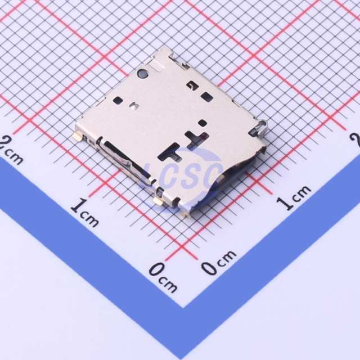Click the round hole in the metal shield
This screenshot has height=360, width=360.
coord(142,73)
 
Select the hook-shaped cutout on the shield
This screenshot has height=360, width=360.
coord(192,86)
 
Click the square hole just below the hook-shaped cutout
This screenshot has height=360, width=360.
coord(206,96)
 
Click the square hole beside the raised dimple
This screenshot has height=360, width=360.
coord(118,100)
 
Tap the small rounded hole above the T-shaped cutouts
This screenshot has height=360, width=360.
coord(202,123)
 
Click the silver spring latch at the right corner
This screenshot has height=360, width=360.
coord(261,129)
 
